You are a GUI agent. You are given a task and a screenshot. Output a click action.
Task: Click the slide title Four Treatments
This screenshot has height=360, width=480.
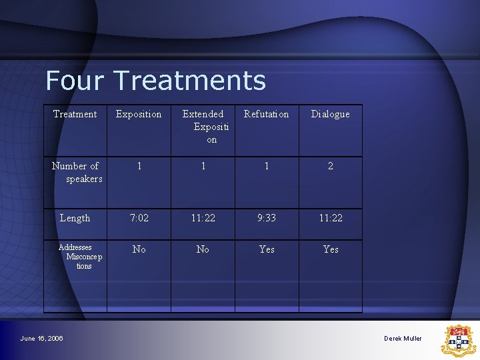[155, 81]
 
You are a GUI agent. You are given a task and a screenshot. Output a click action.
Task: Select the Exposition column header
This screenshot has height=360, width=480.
[139, 114]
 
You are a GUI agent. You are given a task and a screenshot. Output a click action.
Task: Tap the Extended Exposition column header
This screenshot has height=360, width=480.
[203, 126]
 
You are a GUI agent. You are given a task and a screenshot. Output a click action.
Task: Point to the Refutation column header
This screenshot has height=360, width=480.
[266, 114]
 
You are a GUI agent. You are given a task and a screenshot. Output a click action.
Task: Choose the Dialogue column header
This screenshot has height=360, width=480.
[330, 114]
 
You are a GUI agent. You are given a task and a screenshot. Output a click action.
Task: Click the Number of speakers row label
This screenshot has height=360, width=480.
[76, 172]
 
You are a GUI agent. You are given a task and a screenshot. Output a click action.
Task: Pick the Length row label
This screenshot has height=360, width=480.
[75, 218]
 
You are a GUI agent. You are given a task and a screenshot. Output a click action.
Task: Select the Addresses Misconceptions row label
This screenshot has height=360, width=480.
[76, 256]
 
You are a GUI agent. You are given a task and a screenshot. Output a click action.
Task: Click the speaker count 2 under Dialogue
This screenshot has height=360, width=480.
[330, 166]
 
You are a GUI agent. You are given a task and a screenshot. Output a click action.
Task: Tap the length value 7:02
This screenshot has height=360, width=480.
[139, 218]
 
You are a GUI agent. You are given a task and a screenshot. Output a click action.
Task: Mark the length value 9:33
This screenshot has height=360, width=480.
[267, 218]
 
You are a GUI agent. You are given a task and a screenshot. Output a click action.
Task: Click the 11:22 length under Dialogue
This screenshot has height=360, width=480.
[330, 218]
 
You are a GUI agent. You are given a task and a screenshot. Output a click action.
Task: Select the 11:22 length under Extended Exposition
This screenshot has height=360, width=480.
[203, 218]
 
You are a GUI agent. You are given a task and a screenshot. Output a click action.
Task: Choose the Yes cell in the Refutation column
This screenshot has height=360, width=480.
[267, 249]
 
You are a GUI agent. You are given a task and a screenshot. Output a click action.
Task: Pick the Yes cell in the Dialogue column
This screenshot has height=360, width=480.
[331, 249]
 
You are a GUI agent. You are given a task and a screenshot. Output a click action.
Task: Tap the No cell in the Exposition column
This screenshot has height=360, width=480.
[139, 249]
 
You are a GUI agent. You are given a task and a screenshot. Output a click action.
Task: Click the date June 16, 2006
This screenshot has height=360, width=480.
[41, 339]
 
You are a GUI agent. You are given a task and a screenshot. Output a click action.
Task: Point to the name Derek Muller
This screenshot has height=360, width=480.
[403, 339]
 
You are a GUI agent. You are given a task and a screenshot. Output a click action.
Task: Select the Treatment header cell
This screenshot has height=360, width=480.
[75, 114]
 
